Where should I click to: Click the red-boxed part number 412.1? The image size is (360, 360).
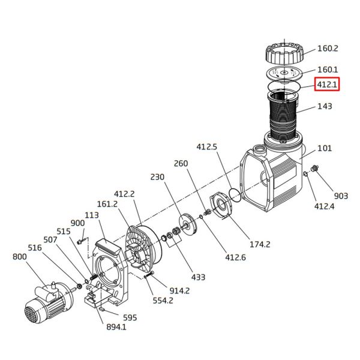click(328, 85)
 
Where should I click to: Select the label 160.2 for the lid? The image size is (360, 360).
click(328, 49)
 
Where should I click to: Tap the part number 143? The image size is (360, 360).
click(325, 107)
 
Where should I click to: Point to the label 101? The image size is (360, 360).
click(325, 148)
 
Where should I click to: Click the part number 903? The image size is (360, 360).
click(341, 196)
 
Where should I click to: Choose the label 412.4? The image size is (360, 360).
click(325, 206)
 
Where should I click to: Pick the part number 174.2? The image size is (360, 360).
click(260, 244)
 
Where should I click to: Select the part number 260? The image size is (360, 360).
click(181, 163)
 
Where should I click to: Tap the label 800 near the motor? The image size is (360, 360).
click(19, 257)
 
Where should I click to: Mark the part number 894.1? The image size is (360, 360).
click(116, 327)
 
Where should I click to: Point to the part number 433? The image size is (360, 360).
click(197, 277)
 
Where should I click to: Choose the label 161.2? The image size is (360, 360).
click(107, 204)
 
